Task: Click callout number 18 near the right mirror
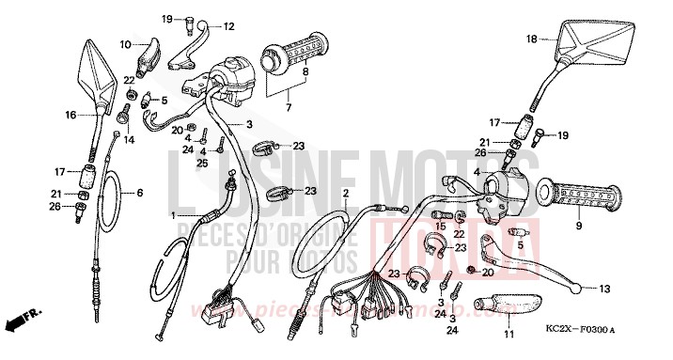[531, 39]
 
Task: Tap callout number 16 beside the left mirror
[70, 116]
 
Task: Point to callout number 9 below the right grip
[579, 227]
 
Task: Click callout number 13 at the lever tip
[604, 289]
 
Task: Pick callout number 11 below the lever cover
[509, 335]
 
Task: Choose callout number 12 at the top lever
[228, 25]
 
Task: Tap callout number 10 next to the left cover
[126, 44]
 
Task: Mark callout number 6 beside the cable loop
[140, 193]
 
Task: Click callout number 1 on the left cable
[175, 215]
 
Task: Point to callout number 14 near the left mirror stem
[130, 140]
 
